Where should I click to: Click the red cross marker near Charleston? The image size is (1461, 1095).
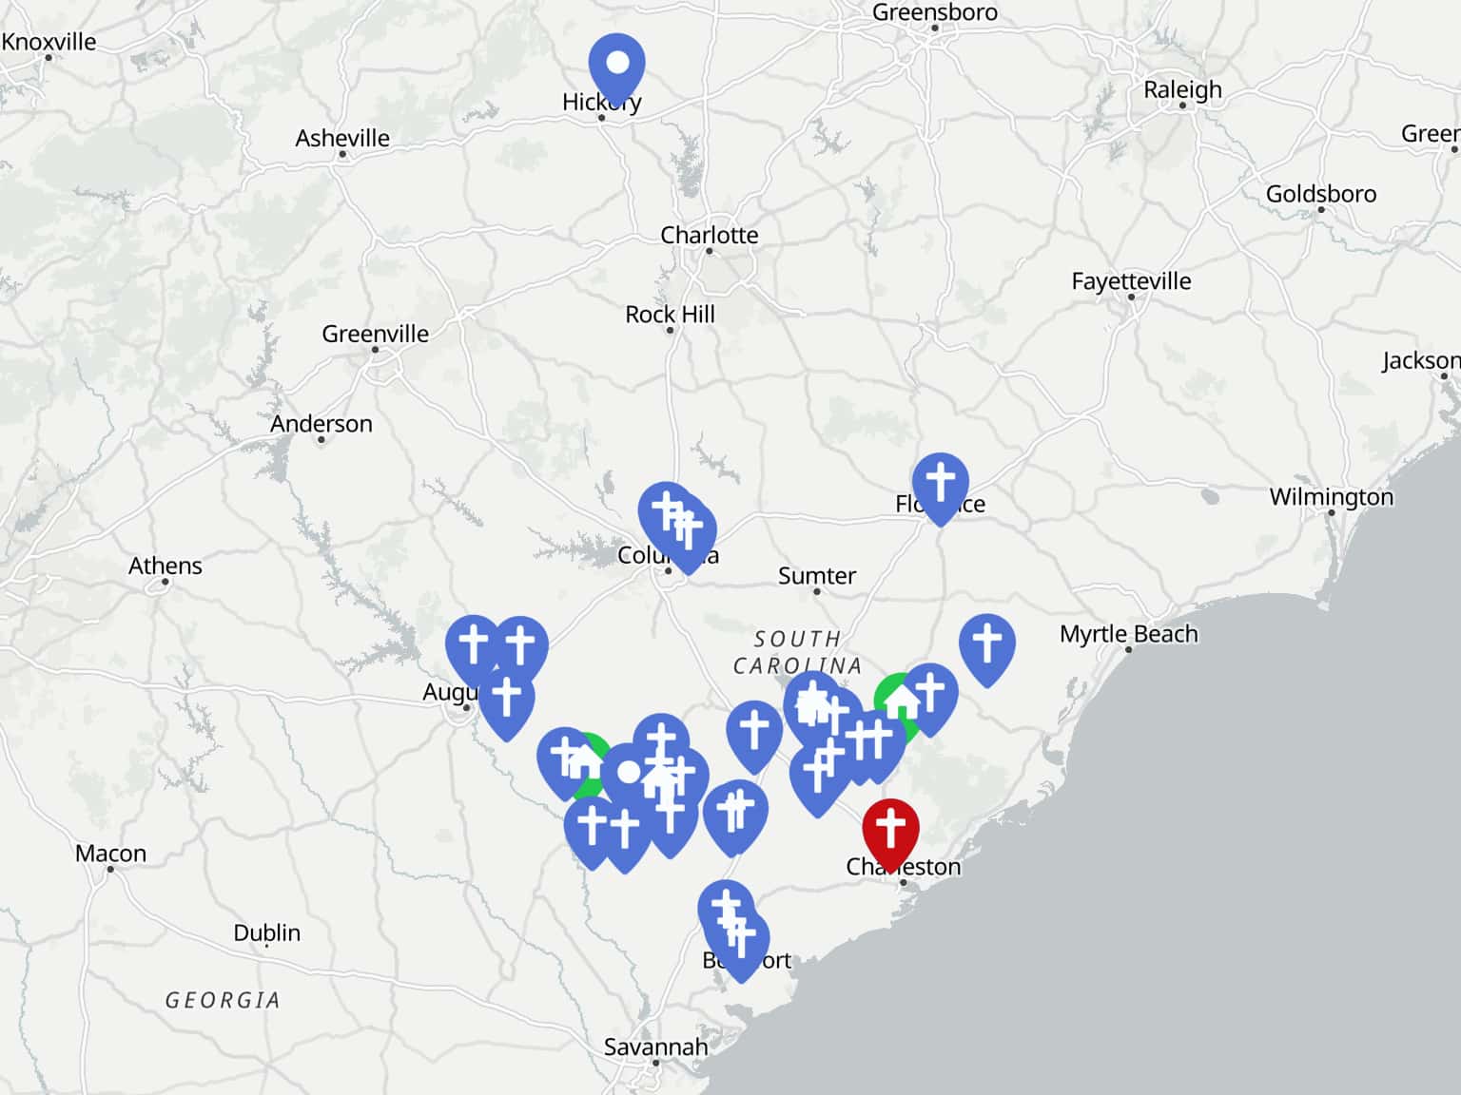[x=890, y=828]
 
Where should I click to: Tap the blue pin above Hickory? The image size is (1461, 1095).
[x=616, y=64]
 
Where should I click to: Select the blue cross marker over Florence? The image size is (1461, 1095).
[x=940, y=482]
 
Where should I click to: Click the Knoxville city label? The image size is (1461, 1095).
[x=49, y=42]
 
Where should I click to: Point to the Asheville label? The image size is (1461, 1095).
[x=342, y=138]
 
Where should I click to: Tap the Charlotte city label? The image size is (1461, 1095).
[x=710, y=235]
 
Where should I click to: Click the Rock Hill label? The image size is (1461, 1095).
[x=670, y=314]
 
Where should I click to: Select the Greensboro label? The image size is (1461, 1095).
[x=935, y=12]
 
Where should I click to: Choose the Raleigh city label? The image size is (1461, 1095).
[x=1182, y=89]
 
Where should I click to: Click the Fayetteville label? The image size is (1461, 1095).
[x=1131, y=280]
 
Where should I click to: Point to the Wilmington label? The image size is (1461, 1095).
[x=1331, y=496]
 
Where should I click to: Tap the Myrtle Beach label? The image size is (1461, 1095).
[x=1129, y=633]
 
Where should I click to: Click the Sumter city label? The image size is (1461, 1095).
[x=817, y=575]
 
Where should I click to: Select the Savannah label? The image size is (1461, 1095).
[x=655, y=1047]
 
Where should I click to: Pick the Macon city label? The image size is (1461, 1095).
[x=110, y=853]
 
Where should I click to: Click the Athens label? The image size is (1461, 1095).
[x=166, y=566]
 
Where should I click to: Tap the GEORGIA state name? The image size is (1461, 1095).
[x=223, y=1000]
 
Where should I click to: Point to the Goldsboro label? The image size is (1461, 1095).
[x=1320, y=193]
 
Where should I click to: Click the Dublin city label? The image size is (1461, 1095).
[x=267, y=932]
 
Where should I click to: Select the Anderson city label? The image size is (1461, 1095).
[x=321, y=423]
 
